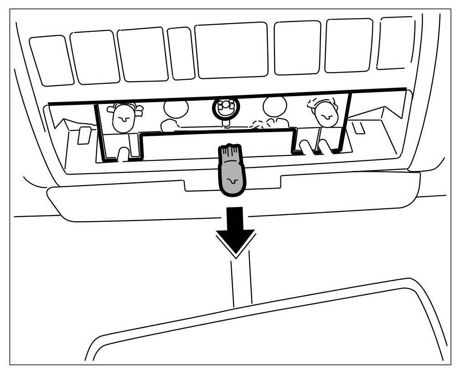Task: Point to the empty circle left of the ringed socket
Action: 176,110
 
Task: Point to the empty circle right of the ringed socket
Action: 275,108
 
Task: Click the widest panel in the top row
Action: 231,51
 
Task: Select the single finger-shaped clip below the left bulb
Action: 123,154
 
